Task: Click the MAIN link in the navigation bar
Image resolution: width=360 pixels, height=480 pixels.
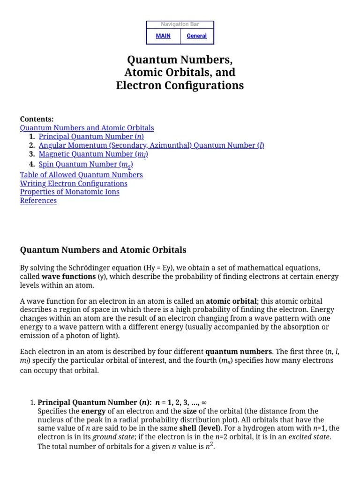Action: (163, 36)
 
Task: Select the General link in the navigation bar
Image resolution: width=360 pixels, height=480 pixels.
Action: (196, 36)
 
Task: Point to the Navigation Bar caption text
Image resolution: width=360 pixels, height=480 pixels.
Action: (180, 24)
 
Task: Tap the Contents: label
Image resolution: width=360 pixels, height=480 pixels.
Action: (37, 119)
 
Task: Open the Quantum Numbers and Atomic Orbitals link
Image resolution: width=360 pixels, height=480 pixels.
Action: (87, 127)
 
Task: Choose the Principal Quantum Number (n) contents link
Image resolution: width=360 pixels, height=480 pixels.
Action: (91, 136)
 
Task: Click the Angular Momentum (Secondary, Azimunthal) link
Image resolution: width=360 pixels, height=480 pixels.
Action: (151, 145)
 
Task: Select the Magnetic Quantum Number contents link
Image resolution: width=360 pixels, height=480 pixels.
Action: (94, 154)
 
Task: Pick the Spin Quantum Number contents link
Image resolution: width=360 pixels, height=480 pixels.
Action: (86, 165)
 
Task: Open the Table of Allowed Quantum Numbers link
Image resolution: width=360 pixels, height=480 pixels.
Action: (81, 175)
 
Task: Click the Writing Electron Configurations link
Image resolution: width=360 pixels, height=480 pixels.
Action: (74, 183)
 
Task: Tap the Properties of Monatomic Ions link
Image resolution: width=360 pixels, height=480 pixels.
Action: (69, 192)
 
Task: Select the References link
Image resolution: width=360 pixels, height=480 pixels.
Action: (38, 201)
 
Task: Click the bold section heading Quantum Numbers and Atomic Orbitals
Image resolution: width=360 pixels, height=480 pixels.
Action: (103, 250)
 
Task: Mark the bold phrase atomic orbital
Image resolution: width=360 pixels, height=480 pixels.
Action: (231, 301)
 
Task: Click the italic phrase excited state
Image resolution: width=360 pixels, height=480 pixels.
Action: (309, 437)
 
